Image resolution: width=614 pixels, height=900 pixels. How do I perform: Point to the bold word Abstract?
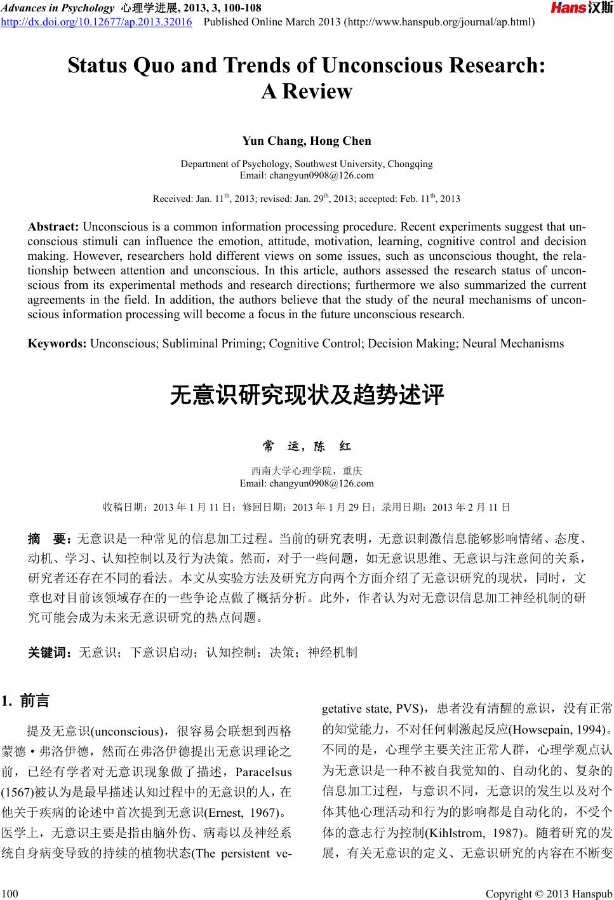[53, 227]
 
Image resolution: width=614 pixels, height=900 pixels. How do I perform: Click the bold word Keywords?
[57, 344]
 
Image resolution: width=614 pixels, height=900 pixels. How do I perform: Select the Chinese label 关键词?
[51, 652]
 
